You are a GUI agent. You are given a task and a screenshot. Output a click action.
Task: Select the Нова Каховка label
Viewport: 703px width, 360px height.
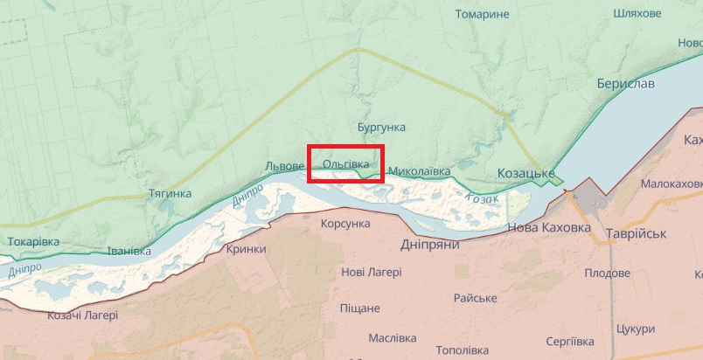(x=548, y=229)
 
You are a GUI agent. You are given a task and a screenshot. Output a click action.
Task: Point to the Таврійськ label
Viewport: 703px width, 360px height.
(x=639, y=233)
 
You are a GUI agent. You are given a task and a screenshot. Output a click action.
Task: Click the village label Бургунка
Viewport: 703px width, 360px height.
(x=381, y=128)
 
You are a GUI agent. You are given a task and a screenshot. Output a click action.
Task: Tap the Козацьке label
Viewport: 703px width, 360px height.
(x=525, y=173)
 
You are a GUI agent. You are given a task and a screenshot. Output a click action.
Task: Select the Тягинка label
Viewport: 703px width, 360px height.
(x=171, y=193)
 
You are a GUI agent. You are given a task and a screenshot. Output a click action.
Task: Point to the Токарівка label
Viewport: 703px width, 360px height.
(x=33, y=241)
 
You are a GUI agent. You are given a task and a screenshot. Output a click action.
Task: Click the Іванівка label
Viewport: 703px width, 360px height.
(x=129, y=251)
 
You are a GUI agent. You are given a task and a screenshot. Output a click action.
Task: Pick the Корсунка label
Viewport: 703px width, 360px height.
(x=345, y=224)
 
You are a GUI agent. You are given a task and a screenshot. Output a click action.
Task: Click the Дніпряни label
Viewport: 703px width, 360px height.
(x=429, y=245)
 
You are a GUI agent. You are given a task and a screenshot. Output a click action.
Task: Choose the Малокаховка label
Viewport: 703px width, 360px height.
(x=672, y=183)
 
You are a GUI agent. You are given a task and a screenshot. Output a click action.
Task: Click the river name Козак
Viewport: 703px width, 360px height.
(x=482, y=198)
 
